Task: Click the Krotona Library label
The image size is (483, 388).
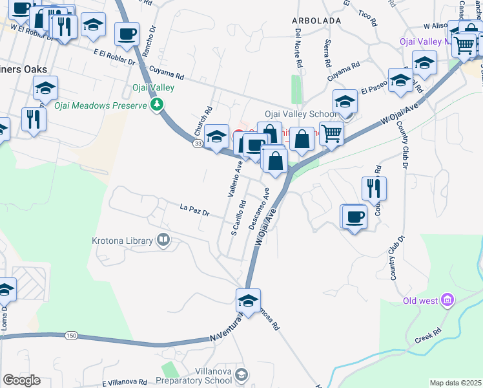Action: pos(121,241)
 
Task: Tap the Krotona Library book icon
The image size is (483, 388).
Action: pos(163,241)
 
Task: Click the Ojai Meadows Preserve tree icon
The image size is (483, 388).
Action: pos(156,104)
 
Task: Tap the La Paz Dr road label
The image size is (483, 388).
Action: pos(195,210)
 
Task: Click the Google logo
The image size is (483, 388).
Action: pos(21,380)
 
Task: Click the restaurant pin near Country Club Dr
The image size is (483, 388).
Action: pos(374,188)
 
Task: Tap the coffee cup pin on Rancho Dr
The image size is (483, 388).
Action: pos(127,34)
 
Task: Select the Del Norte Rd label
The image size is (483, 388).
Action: pos(298,48)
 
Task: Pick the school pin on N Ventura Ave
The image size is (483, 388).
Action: pos(248,300)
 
